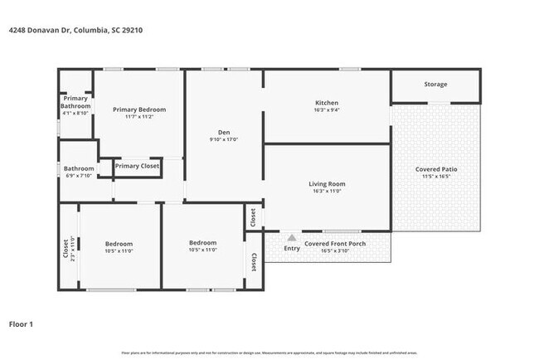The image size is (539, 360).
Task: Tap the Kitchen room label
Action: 327,103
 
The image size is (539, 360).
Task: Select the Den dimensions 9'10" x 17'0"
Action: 224,140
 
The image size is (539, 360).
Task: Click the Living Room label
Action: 327,183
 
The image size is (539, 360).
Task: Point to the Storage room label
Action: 435,85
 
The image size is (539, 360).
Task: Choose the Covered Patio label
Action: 436,169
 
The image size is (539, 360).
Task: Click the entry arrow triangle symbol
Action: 291,236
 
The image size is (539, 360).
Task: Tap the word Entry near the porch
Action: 292,248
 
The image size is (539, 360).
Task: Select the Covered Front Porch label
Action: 335,243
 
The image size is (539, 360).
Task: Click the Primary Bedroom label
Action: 139,109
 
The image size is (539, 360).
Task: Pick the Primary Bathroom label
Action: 75,102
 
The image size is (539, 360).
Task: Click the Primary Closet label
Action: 138,167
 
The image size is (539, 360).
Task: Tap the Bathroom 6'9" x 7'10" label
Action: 80,168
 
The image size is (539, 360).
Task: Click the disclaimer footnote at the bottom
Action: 269,353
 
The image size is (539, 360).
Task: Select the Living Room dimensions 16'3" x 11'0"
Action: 327,192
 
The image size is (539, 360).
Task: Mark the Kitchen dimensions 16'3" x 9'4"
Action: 327,110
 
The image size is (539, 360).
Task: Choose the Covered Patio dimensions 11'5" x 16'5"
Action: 436,177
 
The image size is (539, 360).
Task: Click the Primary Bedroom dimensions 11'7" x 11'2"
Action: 139,117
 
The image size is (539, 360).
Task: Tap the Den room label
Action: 224,133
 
